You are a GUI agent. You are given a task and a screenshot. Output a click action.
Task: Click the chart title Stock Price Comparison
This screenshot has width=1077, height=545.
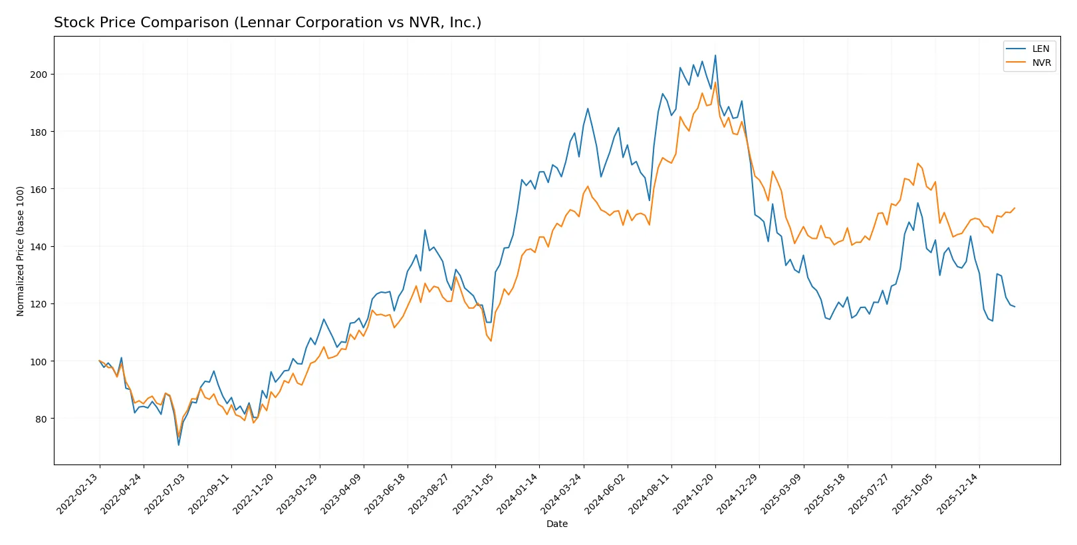[x=267, y=23]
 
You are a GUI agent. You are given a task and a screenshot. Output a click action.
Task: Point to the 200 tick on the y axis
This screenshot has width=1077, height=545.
[x=39, y=75]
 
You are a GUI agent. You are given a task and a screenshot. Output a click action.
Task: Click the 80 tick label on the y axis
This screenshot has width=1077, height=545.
[x=41, y=419]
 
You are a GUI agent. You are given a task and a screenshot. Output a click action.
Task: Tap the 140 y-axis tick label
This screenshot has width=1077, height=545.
[x=39, y=247]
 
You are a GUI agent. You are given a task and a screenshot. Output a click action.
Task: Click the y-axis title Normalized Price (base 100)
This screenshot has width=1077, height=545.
[x=21, y=251]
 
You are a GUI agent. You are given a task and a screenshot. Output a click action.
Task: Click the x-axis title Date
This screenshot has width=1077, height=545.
[x=556, y=524]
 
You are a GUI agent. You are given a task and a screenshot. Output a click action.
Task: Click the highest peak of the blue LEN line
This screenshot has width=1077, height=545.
[x=715, y=55]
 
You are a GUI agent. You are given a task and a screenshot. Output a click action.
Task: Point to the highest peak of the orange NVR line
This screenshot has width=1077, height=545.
[x=715, y=82]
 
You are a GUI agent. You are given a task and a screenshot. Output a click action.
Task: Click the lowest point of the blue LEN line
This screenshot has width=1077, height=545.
[x=178, y=445]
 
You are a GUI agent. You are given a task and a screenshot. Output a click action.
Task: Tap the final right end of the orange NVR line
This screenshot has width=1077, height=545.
[x=1015, y=208]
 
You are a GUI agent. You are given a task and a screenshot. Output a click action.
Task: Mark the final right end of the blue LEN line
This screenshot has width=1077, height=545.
[x=1015, y=307]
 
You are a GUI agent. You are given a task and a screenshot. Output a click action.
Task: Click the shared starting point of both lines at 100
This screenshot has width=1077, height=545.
[x=100, y=361]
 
